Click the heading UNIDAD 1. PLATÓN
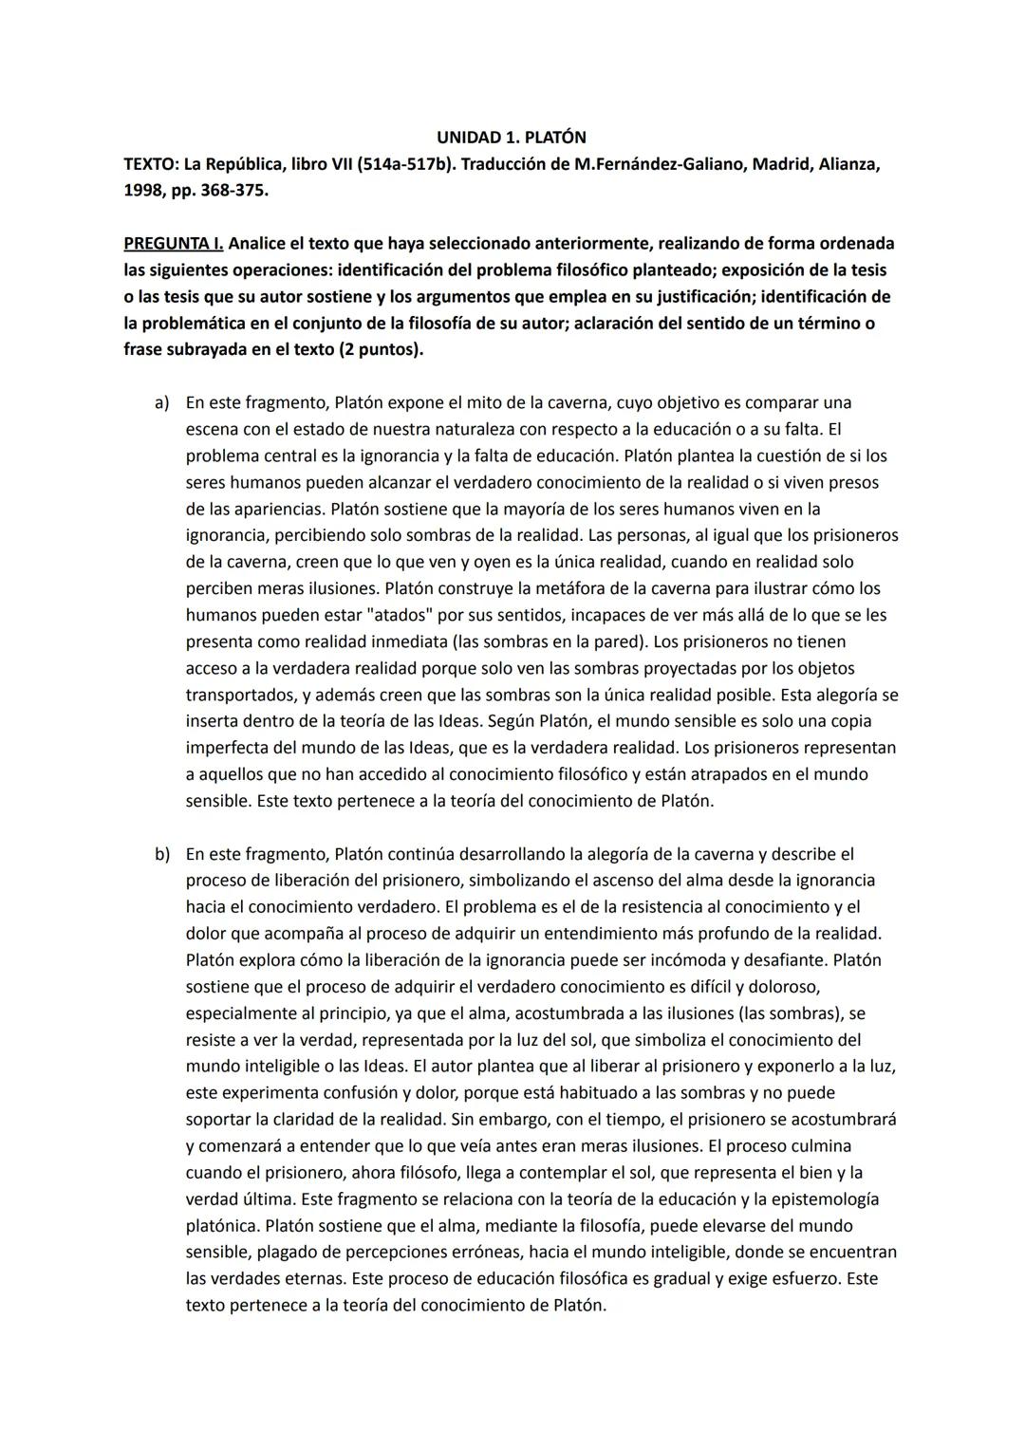pos(512,138)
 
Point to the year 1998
pos(145,191)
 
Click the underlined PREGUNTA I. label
pos(174,244)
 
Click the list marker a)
pos(162,402)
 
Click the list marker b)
pos(162,854)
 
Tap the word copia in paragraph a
pos(850,721)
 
